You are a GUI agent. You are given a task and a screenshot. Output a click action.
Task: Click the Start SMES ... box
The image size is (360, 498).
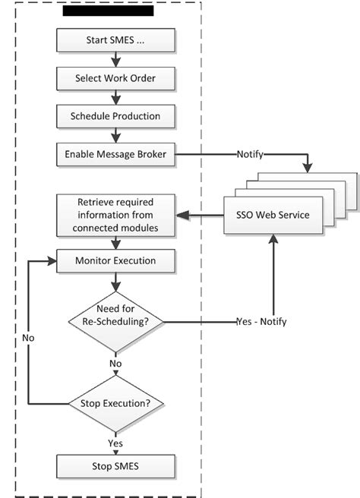(115, 39)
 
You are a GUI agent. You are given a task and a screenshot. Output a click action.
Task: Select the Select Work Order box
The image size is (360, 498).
(115, 78)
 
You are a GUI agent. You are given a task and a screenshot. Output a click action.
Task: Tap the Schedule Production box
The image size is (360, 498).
(115, 117)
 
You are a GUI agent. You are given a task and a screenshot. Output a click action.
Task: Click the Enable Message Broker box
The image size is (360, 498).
(115, 155)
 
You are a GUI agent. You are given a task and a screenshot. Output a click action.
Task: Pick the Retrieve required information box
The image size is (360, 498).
(115, 215)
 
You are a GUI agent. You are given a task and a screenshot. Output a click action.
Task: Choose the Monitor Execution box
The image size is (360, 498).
(115, 260)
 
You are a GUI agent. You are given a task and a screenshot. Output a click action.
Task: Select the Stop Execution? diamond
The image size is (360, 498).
(115, 402)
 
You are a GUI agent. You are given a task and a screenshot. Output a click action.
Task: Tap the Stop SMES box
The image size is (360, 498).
(115, 465)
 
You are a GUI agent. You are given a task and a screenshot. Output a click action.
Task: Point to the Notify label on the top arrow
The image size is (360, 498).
(250, 155)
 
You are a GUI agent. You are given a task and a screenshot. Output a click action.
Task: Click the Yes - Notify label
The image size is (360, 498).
(261, 322)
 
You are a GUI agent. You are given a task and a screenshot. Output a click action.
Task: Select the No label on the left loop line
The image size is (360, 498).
(28, 336)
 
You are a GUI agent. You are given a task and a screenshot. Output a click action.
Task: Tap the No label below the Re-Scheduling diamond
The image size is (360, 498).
(115, 364)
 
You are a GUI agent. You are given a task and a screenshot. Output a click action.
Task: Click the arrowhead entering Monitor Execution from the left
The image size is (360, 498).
(52, 260)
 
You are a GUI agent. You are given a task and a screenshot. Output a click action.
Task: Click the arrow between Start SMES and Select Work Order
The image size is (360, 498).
(115, 59)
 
